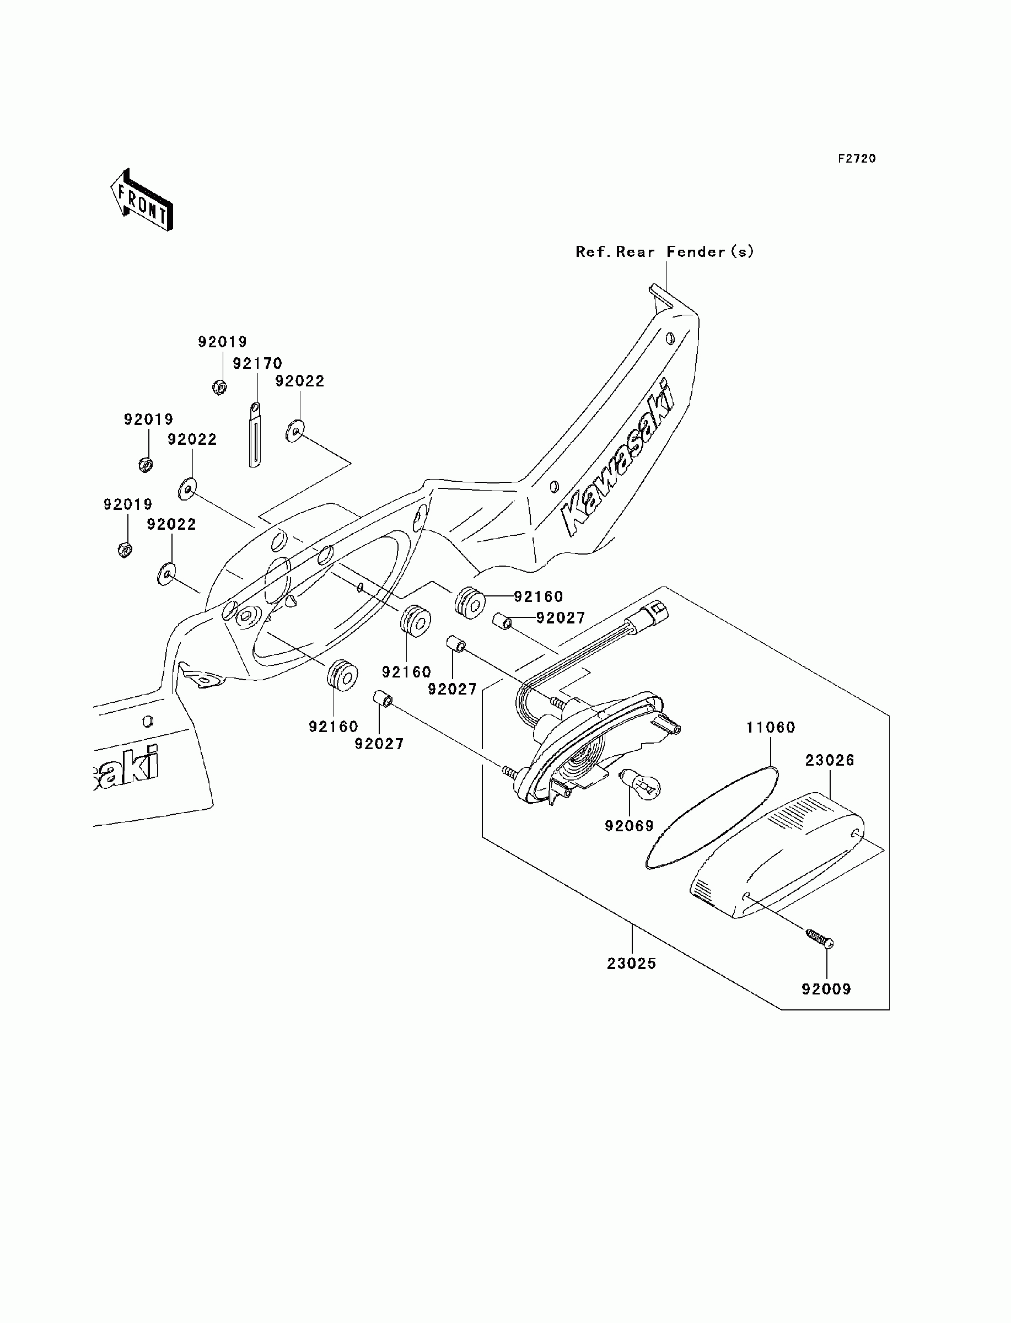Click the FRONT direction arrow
point(142,200)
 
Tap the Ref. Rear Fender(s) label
point(664,251)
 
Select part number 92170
point(257,363)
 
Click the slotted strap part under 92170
point(255,435)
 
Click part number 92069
point(630,826)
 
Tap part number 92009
point(826,989)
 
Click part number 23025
point(631,963)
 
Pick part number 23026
point(830,761)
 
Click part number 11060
point(771,728)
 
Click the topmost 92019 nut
point(219,387)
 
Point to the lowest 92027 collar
point(383,699)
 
